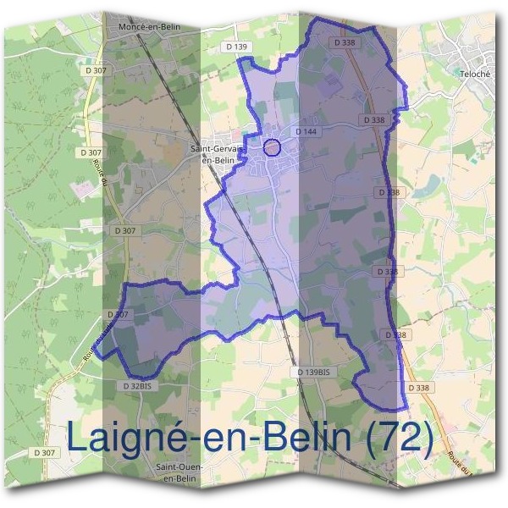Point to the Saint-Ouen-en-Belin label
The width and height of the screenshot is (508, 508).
point(180,472)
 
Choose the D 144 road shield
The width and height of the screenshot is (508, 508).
point(306,132)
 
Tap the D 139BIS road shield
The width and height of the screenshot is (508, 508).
point(317,373)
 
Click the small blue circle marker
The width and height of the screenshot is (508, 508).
point(272,147)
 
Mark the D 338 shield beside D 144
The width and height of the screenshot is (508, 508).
point(373,120)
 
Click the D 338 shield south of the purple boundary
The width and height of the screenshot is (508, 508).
point(418,387)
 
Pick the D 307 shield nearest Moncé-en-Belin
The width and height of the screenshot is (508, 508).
point(96,71)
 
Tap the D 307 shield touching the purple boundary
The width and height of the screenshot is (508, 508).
point(120,315)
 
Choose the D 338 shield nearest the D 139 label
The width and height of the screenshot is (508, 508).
point(345,41)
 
